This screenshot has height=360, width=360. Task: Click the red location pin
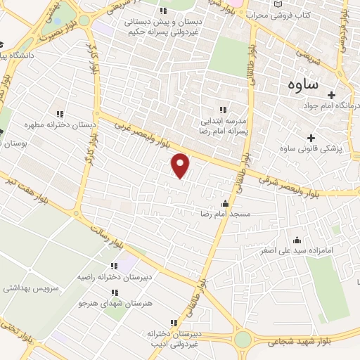[181, 165]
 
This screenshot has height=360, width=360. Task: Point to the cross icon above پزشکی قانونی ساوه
[311, 137]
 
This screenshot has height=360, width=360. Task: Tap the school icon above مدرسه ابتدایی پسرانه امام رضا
[223, 109]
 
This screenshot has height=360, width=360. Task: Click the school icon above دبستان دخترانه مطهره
[60, 114]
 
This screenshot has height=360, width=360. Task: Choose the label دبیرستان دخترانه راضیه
[110, 278]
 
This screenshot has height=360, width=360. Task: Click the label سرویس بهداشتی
[32, 288]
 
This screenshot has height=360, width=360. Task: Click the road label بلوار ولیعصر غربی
[144, 134]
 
